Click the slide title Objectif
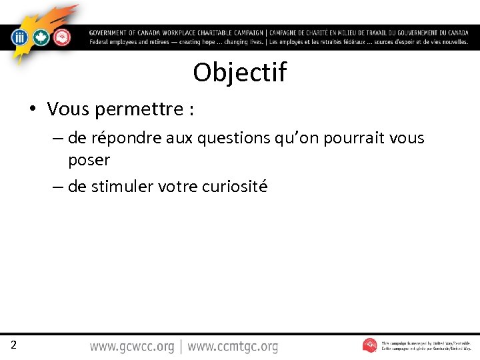pyautogui.click(x=240, y=73)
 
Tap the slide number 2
pyautogui.click(x=13, y=345)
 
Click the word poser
pyautogui.click(x=89, y=160)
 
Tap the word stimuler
pyautogui.click(x=122, y=187)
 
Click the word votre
pyautogui.click(x=177, y=187)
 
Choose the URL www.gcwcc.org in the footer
pyautogui.click(x=132, y=347)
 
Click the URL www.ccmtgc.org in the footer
pyautogui.click(x=233, y=347)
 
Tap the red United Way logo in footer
pyautogui.click(x=370, y=345)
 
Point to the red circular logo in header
pyautogui.click(x=61, y=38)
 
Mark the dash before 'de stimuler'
pyautogui.click(x=58, y=187)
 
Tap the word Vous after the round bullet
pyautogui.click(x=69, y=109)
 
